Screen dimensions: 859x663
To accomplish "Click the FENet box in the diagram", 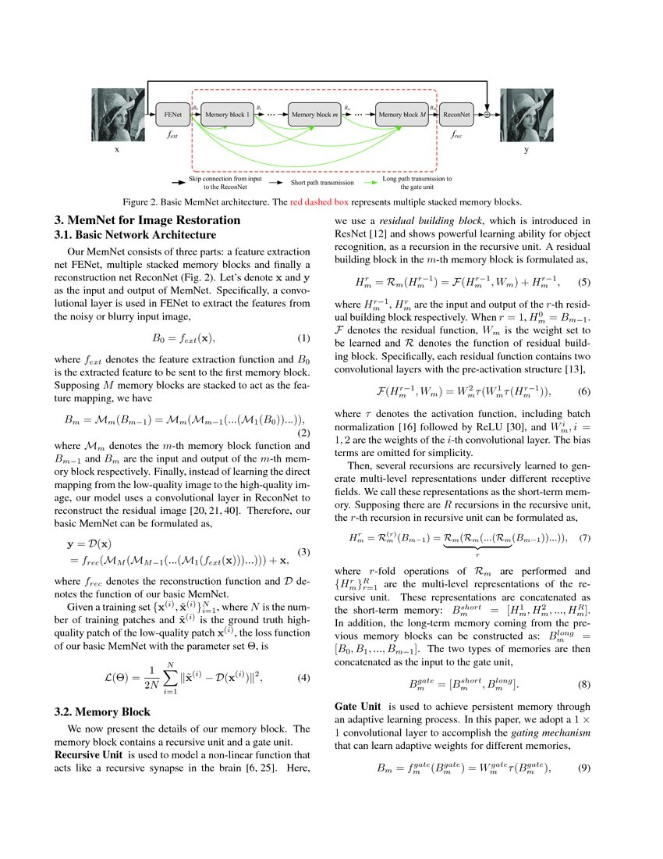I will point(172,115).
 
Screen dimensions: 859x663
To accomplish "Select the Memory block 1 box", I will point(228,115).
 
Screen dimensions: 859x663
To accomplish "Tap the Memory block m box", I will point(315,115).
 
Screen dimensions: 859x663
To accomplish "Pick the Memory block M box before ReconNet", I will point(402,115).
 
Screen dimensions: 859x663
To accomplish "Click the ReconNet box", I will point(456,115).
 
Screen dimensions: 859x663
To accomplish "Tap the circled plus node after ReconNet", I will point(487,115).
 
